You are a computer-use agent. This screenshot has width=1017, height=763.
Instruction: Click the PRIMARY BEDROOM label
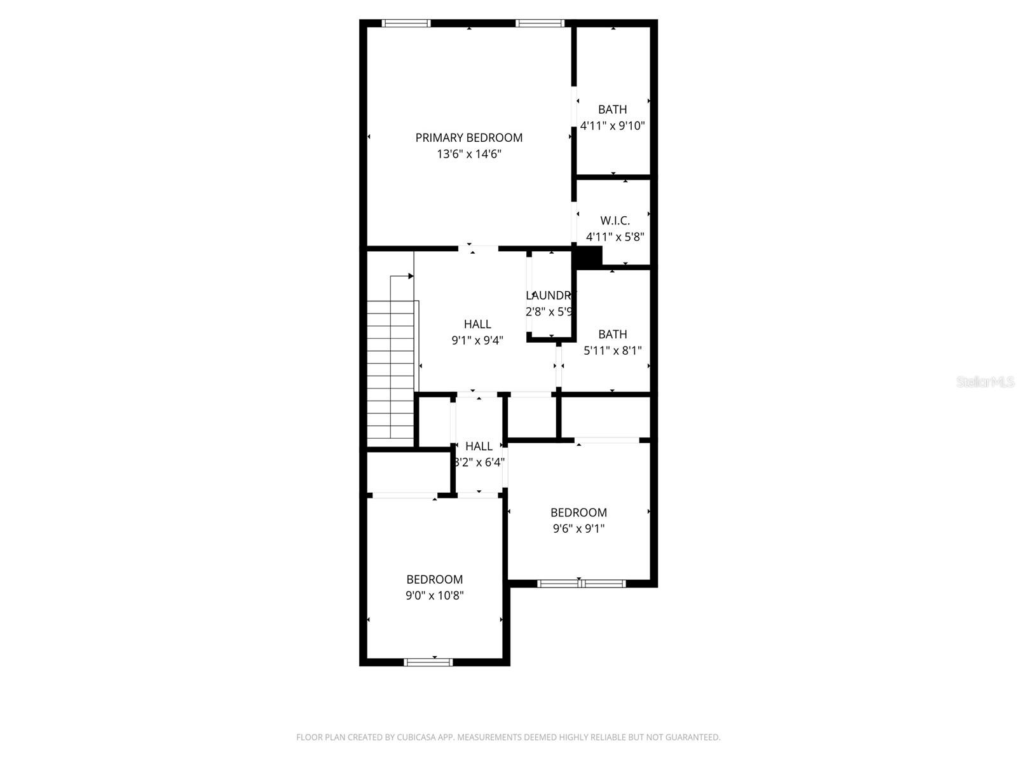point(468,137)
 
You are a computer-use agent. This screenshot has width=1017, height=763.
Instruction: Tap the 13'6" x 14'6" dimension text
point(468,154)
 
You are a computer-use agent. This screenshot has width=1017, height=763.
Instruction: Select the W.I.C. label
point(615,221)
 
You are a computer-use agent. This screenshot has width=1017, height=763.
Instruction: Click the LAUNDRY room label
point(550,296)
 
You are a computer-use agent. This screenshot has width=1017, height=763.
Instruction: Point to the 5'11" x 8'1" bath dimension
point(612,350)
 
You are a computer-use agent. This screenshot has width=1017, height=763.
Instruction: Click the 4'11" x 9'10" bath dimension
point(612,126)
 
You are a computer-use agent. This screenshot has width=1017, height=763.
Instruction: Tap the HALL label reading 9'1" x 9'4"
point(477,324)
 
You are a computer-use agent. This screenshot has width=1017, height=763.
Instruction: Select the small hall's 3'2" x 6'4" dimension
point(479,462)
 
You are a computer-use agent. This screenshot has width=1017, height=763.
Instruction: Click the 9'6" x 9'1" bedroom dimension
point(578,528)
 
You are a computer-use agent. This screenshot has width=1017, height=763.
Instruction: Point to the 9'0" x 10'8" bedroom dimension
point(435,596)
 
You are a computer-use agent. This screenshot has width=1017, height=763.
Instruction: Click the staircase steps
point(390,375)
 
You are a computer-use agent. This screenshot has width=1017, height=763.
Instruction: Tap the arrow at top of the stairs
point(410,276)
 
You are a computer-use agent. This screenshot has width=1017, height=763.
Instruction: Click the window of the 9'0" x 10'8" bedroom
point(428,662)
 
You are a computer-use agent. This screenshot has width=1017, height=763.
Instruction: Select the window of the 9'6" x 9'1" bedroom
point(582,583)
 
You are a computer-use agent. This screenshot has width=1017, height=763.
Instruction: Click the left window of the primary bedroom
point(406,24)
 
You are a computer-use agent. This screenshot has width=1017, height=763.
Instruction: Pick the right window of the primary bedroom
point(540,24)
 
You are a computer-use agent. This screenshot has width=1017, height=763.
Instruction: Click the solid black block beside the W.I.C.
point(589,257)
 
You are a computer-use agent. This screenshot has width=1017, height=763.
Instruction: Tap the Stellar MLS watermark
point(985,382)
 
